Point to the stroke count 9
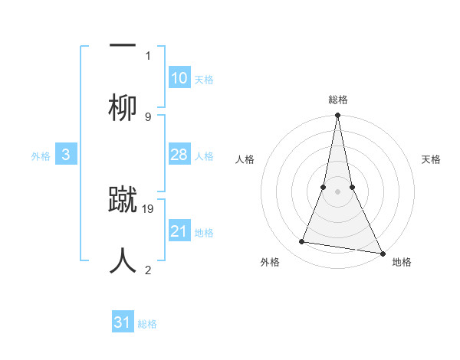[x=148, y=116]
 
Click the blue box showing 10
[x=179, y=78]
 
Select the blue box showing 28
[x=179, y=155]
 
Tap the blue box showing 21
[x=179, y=231]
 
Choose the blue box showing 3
[x=66, y=155]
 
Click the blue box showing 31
[x=123, y=322]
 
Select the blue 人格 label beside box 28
[x=204, y=156]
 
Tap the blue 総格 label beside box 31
[x=147, y=324]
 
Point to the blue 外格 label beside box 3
[x=41, y=156]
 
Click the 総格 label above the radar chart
[x=338, y=100]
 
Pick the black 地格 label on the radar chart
[x=402, y=262]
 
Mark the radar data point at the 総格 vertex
[x=337, y=116]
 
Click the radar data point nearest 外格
[x=302, y=242]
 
